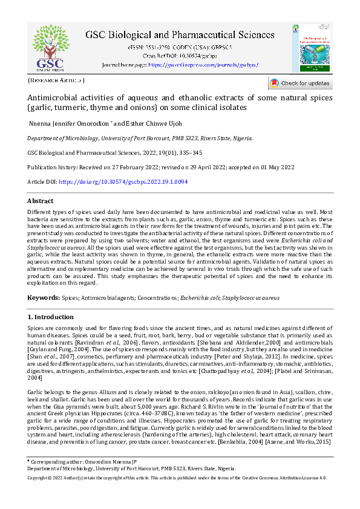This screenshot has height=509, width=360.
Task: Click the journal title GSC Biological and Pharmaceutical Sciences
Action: coord(179,35)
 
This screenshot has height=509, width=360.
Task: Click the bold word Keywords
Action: coord(43,298)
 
